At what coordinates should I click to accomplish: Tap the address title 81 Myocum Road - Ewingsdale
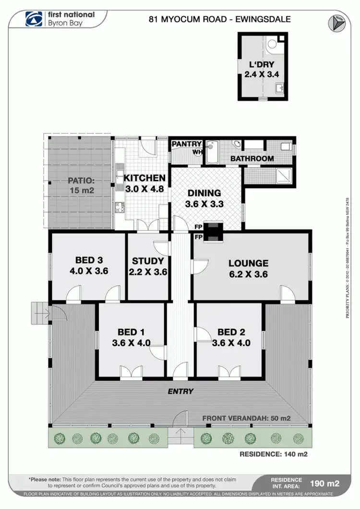click(x=220, y=20)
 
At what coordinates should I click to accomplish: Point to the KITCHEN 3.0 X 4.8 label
click(x=144, y=183)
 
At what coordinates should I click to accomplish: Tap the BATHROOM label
click(x=252, y=158)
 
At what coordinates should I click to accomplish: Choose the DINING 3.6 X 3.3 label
click(x=204, y=198)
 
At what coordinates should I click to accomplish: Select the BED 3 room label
click(x=89, y=266)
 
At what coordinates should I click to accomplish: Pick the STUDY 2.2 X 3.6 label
click(x=148, y=266)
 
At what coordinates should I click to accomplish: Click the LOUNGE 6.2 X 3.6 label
click(x=248, y=269)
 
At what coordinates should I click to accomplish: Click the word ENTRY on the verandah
click(x=180, y=391)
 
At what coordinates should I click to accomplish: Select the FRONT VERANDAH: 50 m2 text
click(x=246, y=418)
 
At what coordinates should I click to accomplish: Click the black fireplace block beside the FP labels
click(x=211, y=231)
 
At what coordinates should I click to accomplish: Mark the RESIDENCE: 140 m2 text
click(x=273, y=454)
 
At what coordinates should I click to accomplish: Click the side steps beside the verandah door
click(x=39, y=314)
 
